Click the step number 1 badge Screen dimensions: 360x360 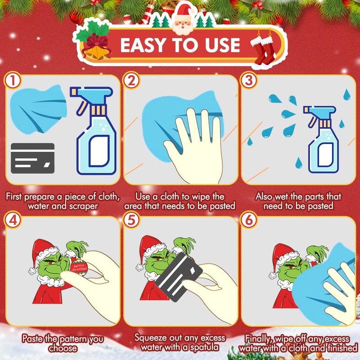coord(13,81)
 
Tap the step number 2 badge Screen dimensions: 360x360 coord(131,81)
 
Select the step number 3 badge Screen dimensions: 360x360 coord(249,81)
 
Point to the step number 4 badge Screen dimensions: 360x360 coord(13,220)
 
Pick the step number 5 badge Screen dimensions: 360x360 coord(131,220)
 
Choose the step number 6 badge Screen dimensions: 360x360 coord(249,220)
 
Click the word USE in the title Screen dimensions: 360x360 coord(222,45)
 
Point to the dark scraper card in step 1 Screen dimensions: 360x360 coord(32,158)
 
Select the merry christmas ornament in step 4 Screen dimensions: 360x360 coord(79,267)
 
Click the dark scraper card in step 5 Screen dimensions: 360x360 coord(179,277)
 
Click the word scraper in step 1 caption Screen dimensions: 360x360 coord(84,206)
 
